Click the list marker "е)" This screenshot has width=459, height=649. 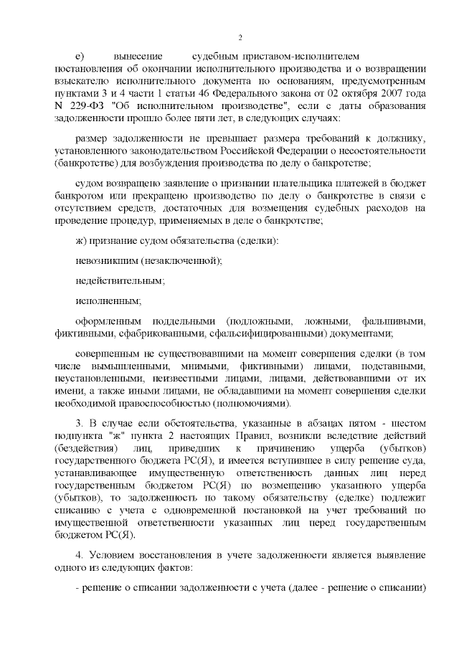80,56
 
